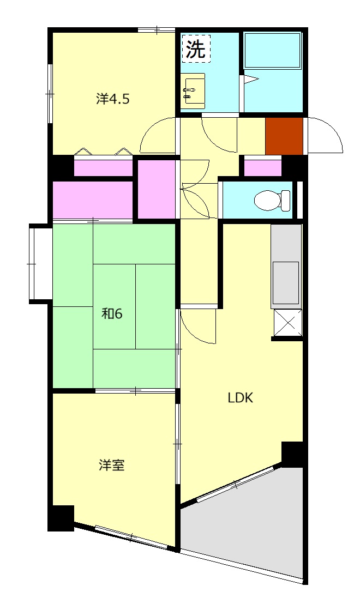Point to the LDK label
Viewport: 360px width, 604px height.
click(x=241, y=397)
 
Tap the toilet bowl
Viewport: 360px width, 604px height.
click(x=269, y=200)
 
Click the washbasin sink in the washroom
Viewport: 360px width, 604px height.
click(x=193, y=90)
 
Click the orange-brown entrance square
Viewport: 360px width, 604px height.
click(x=284, y=136)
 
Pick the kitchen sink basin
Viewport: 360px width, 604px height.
click(x=286, y=278)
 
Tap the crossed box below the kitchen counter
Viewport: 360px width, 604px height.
click(x=287, y=322)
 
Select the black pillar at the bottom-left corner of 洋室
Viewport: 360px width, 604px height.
click(x=61, y=518)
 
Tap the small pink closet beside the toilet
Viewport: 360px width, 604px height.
click(x=262, y=167)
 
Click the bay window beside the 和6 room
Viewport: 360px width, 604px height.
click(x=40, y=263)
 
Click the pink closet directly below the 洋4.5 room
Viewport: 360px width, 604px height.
click(x=104, y=168)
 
